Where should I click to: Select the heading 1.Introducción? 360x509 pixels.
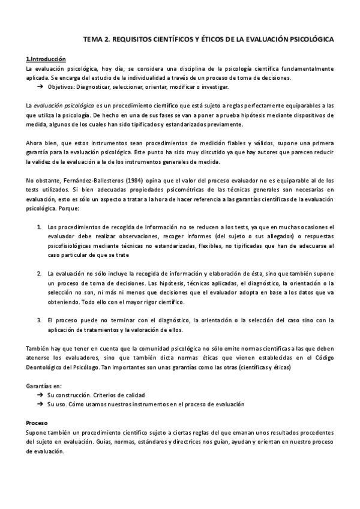click(46, 59)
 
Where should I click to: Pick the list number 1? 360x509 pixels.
click(39, 227)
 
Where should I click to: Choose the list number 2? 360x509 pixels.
click(39, 274)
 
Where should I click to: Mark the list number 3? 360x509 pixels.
click(39, 320)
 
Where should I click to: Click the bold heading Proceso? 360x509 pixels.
click(38, 423)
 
